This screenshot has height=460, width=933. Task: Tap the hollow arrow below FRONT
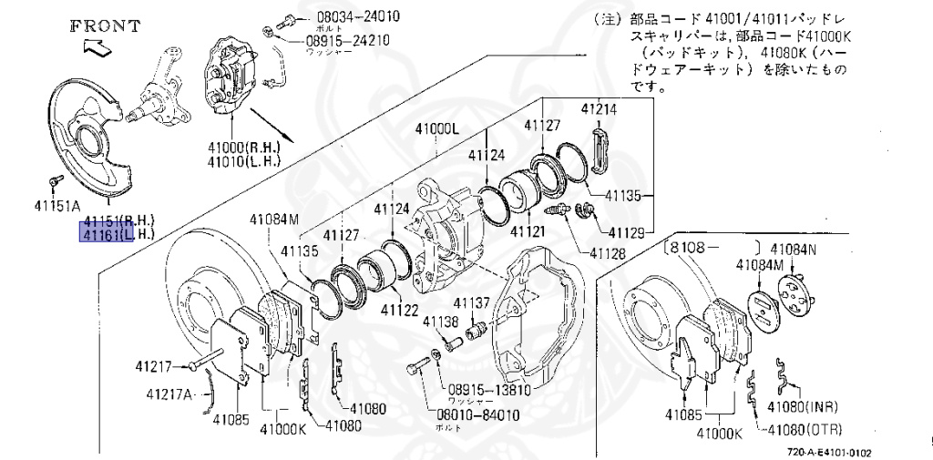(94, 46)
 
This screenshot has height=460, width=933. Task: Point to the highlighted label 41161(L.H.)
(119, 235)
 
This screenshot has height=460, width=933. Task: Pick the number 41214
(600, 109)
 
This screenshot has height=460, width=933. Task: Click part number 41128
(607, 252)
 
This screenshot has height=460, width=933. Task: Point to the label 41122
(400, 310)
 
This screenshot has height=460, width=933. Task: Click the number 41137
(472, 302)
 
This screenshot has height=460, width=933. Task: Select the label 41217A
(169, 394)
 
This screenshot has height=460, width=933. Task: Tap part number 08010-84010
(477, 414)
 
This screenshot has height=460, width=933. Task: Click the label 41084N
(794, 248)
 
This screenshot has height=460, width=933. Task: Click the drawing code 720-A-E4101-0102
(829, 452)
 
